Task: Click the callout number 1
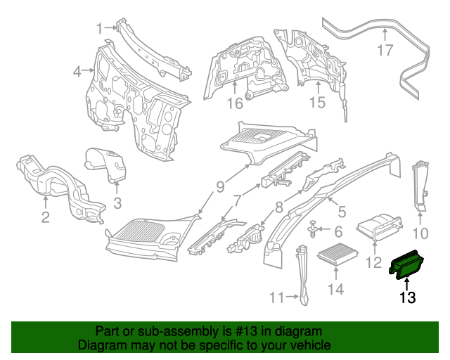click(101, 27)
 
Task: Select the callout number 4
click(77, 70)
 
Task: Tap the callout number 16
click(234, 103)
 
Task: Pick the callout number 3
click(117, 204)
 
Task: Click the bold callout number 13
click(408, 298)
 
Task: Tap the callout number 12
click(374, 264)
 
